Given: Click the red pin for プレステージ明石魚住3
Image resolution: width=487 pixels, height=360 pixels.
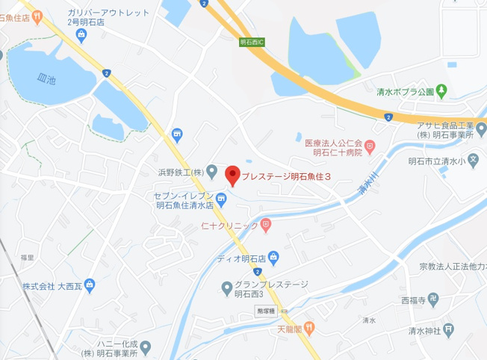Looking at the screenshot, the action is click(x=232, y=175).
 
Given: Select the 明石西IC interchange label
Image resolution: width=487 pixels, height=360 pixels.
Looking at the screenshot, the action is click(x=253, y=43).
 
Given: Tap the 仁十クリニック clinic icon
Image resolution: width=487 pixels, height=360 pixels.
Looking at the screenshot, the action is click(x=267, y=224).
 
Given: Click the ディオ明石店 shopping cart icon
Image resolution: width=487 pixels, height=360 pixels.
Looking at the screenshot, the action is click(x=273, y=258).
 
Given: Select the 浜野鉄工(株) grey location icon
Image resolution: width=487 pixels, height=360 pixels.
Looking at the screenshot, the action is click(x=212, y=173).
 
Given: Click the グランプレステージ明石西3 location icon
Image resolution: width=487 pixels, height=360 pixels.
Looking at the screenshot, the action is click(x=227, y=288).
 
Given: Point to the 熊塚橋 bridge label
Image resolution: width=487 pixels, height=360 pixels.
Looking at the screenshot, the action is click(x=265, y=311).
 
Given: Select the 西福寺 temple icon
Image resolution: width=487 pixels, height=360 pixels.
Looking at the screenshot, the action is click(x=441, y=302).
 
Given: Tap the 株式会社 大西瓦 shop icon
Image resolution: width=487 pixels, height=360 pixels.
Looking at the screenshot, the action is click(x=90, y=285).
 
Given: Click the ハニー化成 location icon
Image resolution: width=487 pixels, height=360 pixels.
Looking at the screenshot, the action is click(x=145, y=347).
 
